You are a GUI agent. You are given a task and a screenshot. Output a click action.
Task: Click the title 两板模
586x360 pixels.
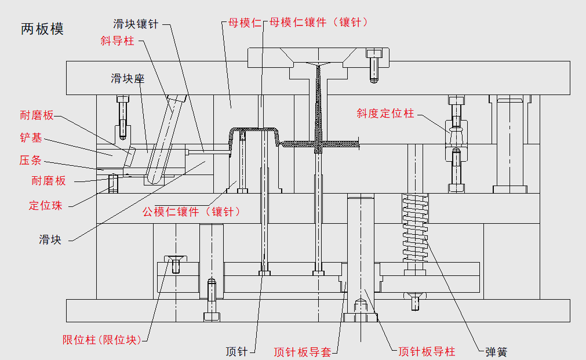[x=42, y=29]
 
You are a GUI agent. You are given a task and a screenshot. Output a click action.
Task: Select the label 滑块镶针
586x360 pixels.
[x=136, y=24]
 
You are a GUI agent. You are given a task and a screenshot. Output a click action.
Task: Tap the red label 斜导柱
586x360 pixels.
[x=117, y=41]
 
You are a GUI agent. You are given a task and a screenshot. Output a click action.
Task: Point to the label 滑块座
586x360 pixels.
[x=128, y=78]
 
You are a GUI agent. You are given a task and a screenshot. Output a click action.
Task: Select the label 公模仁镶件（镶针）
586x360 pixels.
[x=191, y=212]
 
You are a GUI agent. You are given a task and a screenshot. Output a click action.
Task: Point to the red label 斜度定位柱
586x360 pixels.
[x=385, y=114]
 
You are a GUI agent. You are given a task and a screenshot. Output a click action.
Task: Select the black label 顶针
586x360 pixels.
[x=237, y=351]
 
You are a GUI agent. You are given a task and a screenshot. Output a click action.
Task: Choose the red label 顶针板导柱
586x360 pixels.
[x=427, y=351]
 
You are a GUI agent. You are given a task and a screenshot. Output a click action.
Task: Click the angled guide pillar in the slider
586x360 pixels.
[x=165, y=139]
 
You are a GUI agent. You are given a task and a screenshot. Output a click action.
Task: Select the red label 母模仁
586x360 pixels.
[x=241, y=23]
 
